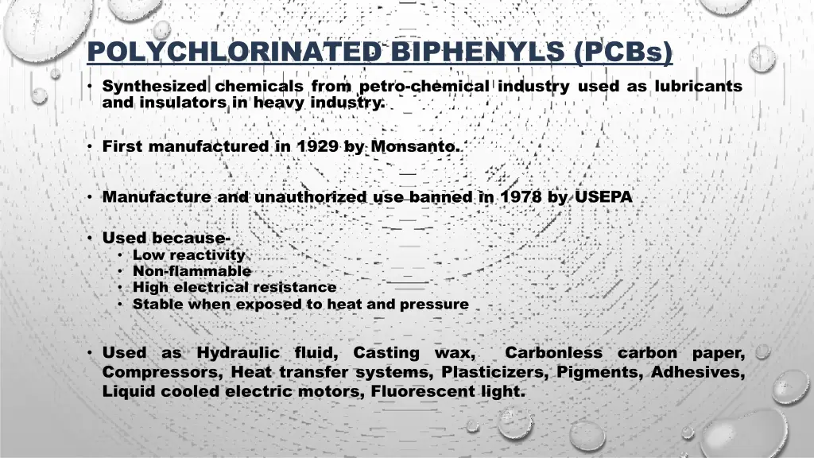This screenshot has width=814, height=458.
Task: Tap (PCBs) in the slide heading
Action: [622, 53]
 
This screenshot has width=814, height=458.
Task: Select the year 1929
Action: [318, 146]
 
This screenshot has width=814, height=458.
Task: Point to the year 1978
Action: [521, 196]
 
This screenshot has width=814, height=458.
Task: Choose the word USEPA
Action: [602, 196]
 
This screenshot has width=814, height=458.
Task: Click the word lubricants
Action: [699, 86]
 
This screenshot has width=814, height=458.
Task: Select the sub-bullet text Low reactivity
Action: [188, 255]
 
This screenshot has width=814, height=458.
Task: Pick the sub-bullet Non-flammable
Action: [192, 271]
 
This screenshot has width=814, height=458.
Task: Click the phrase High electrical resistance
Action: [235, 287]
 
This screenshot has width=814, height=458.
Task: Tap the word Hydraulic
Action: [238, 352]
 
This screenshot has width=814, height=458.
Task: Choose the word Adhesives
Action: [698, 371]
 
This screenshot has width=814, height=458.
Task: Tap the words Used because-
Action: [166, 238]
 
